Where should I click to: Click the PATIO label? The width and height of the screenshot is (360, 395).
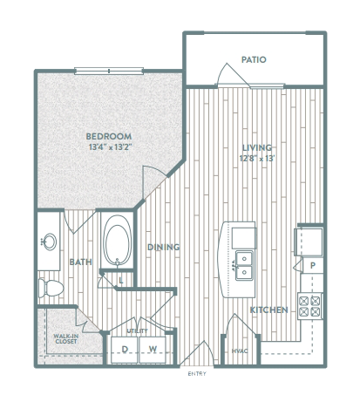pos(254,59)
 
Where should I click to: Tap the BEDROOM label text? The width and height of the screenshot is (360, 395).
pos(109,136)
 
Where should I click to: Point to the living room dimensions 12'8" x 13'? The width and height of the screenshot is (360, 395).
pos(257,159)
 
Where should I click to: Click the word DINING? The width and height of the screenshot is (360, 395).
pos(164,247)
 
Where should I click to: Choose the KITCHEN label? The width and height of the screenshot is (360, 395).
pos(269,310)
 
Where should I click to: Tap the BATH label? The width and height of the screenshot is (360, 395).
pos(81,262)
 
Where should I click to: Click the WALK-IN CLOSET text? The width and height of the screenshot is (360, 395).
pos(65,339)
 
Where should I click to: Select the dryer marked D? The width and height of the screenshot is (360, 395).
pos(125,350)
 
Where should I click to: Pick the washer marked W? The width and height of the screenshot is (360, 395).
pos(153,350)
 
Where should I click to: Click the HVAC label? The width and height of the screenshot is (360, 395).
pos(240,351)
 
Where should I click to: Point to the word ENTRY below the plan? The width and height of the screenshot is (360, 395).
pos(197,374)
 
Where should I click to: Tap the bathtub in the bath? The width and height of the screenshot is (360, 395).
pos(117,241)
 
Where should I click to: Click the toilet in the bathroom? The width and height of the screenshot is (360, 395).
pos(51,288)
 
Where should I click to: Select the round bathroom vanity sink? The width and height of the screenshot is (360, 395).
pos(50,242)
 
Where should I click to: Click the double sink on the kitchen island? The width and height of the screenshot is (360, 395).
pos(244,265)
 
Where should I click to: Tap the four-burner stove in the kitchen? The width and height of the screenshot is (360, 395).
pos(310,306)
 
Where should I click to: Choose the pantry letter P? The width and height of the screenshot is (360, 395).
pos(313,265)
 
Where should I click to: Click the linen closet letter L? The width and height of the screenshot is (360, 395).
pos(121,281)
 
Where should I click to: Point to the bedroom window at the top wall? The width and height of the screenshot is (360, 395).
pos(109,71)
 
